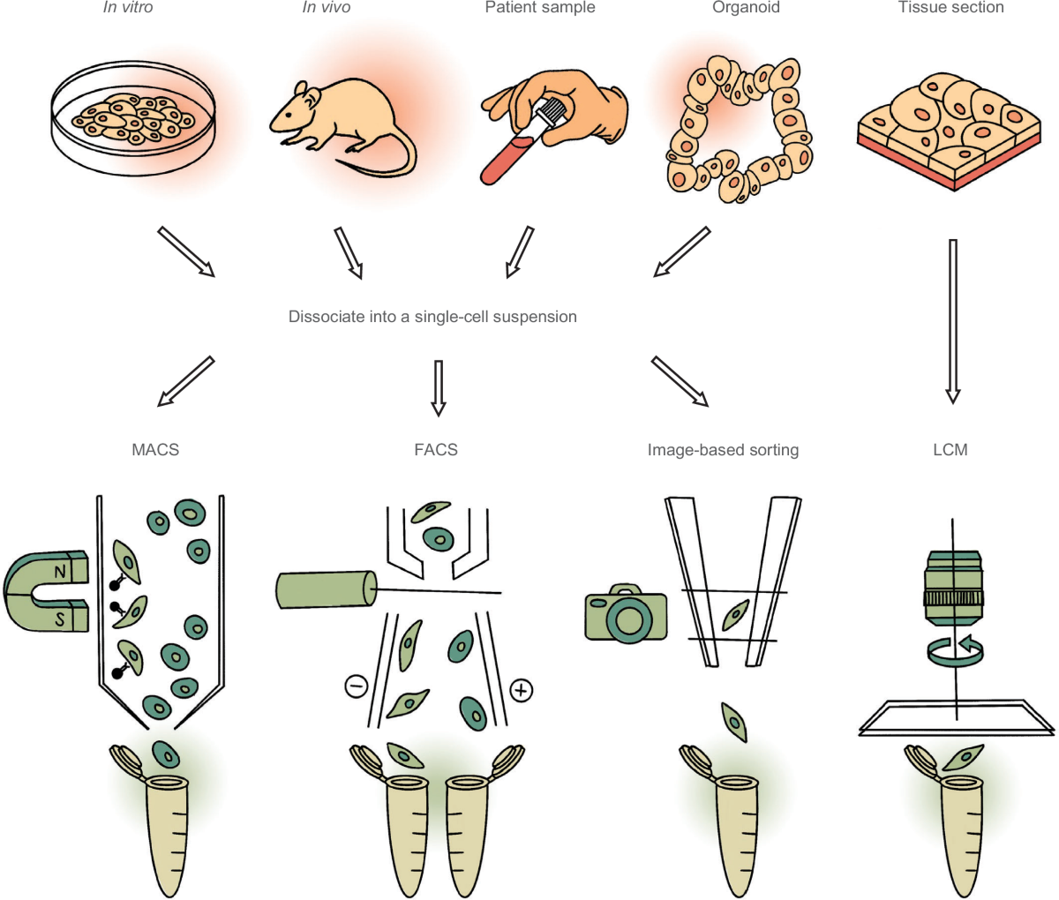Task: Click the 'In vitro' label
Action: click(128, 7)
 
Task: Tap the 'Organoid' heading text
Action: click(746, 7)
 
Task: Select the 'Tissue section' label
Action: click(951, 7)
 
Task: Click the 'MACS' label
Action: click(155, 450)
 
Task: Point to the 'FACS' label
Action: click(436, 450)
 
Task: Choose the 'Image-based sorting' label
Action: click(723, 450)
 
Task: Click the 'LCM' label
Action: click(950, 450)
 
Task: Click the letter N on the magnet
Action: click(61, 571)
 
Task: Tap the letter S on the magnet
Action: click(61, 619)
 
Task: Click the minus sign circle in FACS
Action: click(357, 686)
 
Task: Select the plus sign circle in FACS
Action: click(521, 691)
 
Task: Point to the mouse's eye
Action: click(289, 115)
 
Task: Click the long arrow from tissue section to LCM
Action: click(952, 321)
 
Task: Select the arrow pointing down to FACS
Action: click(438, 388)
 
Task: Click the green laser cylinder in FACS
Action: click(327, 589)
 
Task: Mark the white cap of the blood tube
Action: click(549, 115)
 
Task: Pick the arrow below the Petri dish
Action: click(186, 251)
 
